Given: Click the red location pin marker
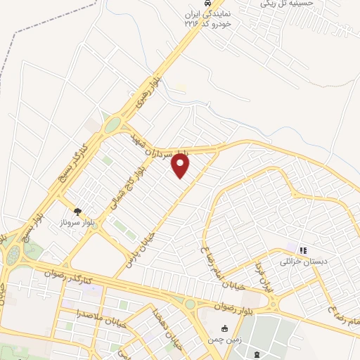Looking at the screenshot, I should pyautogui.click(x=181, y=166).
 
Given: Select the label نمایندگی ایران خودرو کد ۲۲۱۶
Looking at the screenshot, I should pyautogui.click(x=207, y=18).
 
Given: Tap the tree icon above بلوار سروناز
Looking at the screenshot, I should pyautogui.click(x=77, y=210).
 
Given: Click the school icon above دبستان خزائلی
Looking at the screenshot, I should pyautogui.click(x=304, y=250).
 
